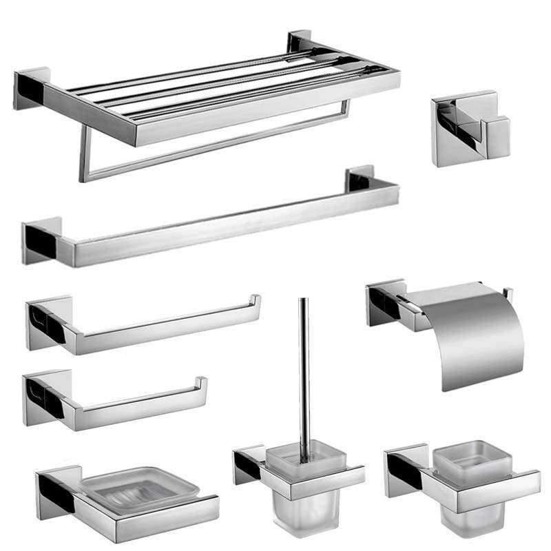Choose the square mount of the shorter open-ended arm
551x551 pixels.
click(45, 397)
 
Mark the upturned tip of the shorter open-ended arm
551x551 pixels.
click(200, 384)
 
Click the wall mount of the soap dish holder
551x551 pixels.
click(55, 489)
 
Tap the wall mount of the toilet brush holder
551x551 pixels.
click(249, 465)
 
